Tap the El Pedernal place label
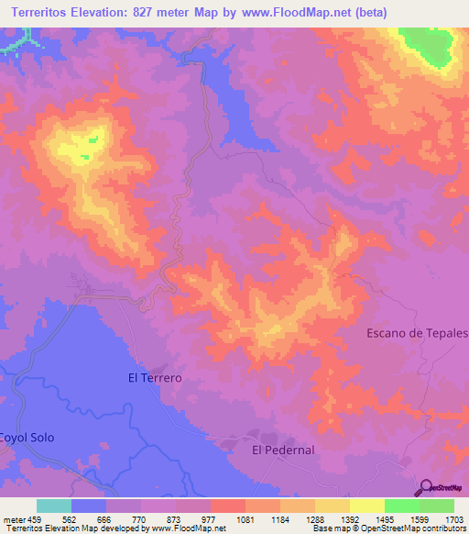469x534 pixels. point(283,451)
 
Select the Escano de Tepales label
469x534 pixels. point(417,333)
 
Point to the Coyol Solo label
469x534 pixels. point(27,438)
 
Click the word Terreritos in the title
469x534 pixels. point(46,13)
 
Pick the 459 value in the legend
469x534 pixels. point(36,519)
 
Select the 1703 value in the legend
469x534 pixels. point(454,519)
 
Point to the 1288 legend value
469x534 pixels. point(314,519)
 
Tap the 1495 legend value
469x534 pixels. point(384,519)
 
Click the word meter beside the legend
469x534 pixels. point(14,519)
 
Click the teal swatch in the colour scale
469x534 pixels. point(53,506)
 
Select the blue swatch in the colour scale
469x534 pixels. point(88,506)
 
